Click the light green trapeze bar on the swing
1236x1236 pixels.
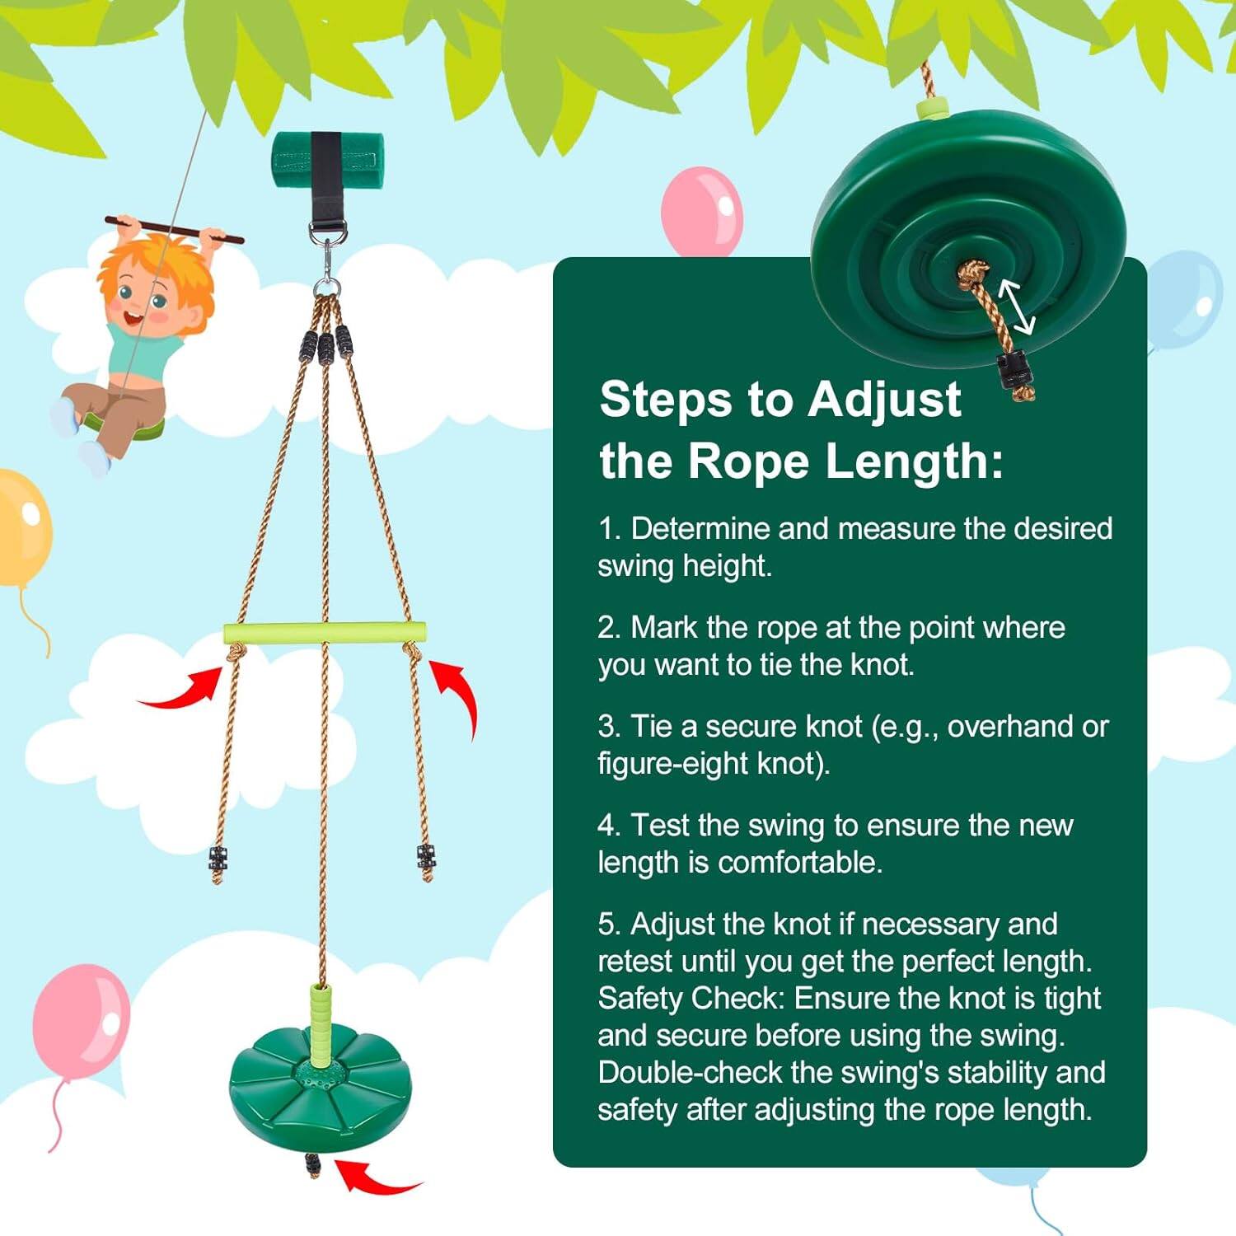pos(325,633)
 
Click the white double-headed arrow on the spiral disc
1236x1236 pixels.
pos(1015,306)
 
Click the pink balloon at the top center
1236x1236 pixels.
pos(701,210)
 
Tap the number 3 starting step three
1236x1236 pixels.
pos(607,727)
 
